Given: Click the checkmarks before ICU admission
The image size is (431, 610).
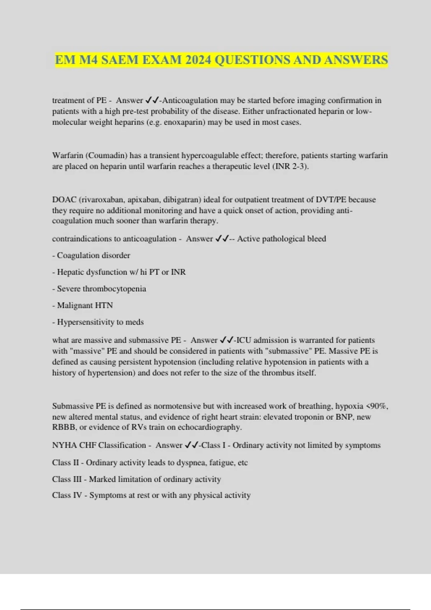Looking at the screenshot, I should [x=226, y=340].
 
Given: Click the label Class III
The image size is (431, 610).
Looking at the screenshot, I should [x=66, y=479].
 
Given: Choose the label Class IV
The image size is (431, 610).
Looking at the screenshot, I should [x=67, y=495].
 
